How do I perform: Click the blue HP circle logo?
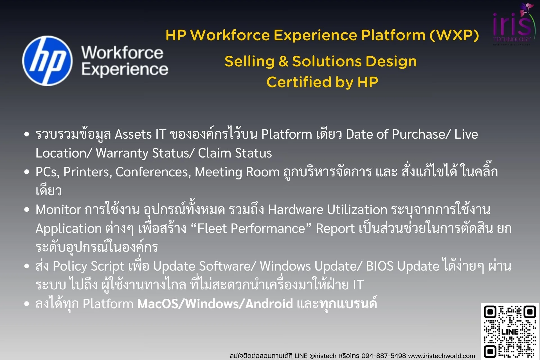tap(47, 61)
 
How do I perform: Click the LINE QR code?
tap(510, 331)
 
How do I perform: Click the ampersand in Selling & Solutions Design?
tap(283, 62)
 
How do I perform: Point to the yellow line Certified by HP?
tap(322, 82)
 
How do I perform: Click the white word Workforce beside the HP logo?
tap(122, 53)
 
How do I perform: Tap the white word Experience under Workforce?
tap(125, 69)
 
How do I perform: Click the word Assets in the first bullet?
tap(133, 134)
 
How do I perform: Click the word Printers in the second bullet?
tap(87, 172)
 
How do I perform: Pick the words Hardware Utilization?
tap(327, 210)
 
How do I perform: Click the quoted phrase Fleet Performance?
tap(251, 229)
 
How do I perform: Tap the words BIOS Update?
tap(402, 266)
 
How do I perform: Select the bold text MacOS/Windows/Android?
tap(215, 304)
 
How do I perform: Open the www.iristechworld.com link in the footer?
tap(442, 356)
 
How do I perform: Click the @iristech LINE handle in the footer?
tap(323, 356)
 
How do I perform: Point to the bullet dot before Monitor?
tap(27, 210)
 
